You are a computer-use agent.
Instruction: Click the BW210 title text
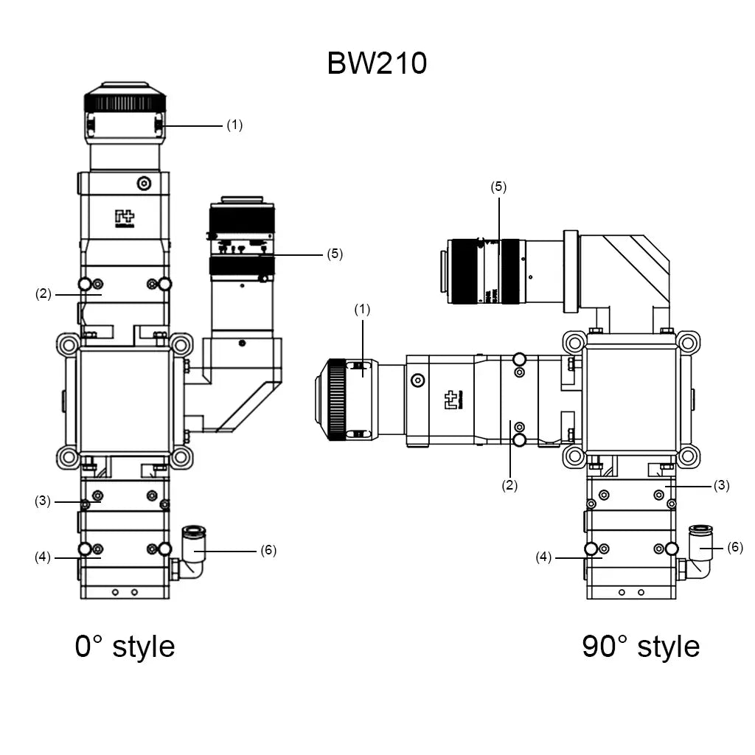point(377,63)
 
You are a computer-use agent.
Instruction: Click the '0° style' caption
point(125,646)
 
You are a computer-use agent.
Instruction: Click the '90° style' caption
point(640,646)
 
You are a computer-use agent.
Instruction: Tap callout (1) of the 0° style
point(234,125)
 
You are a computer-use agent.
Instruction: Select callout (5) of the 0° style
point(335,254)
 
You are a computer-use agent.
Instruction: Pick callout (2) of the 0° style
point(43,293)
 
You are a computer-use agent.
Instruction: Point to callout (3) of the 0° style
point(43,501)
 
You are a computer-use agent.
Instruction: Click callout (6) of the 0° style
point(268,551)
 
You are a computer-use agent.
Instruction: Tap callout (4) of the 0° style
point(43,557)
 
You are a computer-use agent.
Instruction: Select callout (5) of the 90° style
point(499,187)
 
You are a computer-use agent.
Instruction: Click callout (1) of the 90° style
point(362,310)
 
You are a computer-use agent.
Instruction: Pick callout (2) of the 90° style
point(509,485)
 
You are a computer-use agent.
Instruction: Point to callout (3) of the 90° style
point(721,485)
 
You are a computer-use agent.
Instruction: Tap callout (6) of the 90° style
point(735,547)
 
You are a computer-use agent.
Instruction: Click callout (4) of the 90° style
point(543,557)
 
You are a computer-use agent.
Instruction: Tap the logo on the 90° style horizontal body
point(451,400)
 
